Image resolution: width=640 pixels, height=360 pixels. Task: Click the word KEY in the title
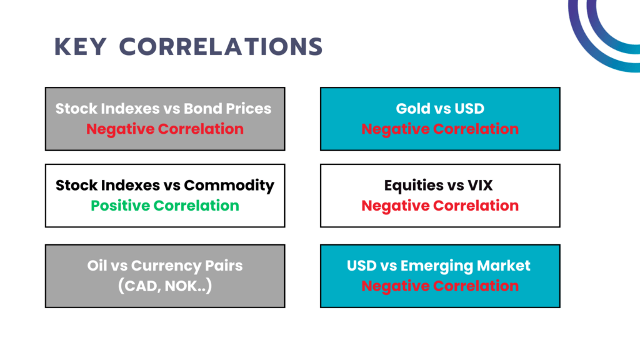point(81,46)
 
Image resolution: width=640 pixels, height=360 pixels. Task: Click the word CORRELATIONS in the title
point(221,46)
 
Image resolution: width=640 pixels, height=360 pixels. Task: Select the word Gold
point(413,109)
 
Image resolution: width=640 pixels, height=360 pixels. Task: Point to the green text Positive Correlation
point(165,206)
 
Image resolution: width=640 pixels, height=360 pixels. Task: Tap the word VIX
point(480,185)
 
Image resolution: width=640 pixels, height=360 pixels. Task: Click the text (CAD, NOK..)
point(165,286)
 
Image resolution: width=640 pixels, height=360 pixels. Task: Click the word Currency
point(166,266)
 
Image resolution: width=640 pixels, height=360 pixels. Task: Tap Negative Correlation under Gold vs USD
point(440,129)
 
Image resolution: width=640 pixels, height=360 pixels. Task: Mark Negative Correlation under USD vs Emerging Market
point(440,286)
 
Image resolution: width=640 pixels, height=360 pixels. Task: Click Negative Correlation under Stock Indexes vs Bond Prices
point(165,129)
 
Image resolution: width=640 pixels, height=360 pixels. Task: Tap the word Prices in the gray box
point(249,109)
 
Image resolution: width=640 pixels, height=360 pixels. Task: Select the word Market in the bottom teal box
point(503,266)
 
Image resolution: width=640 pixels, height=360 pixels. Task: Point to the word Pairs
point(224,266)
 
